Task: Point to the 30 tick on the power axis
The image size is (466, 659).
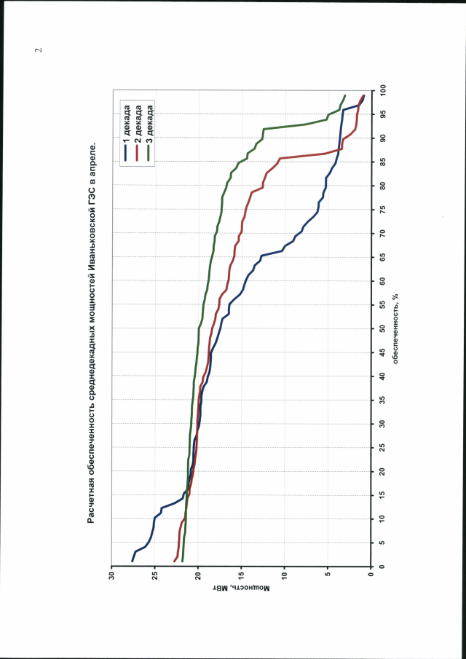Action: pyautogui.click(x=111, y=576)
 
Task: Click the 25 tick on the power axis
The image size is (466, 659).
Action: pyautogui.click(x=154, y=576)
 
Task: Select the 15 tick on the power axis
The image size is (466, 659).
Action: pyautogui.click(x=241, y=576)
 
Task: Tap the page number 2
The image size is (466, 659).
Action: pyautogui.click(x=39, y=50)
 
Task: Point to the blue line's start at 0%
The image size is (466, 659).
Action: pyautogui.click(x=132, y=561)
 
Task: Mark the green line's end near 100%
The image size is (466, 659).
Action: pyautogui.click(x=344, y=95)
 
